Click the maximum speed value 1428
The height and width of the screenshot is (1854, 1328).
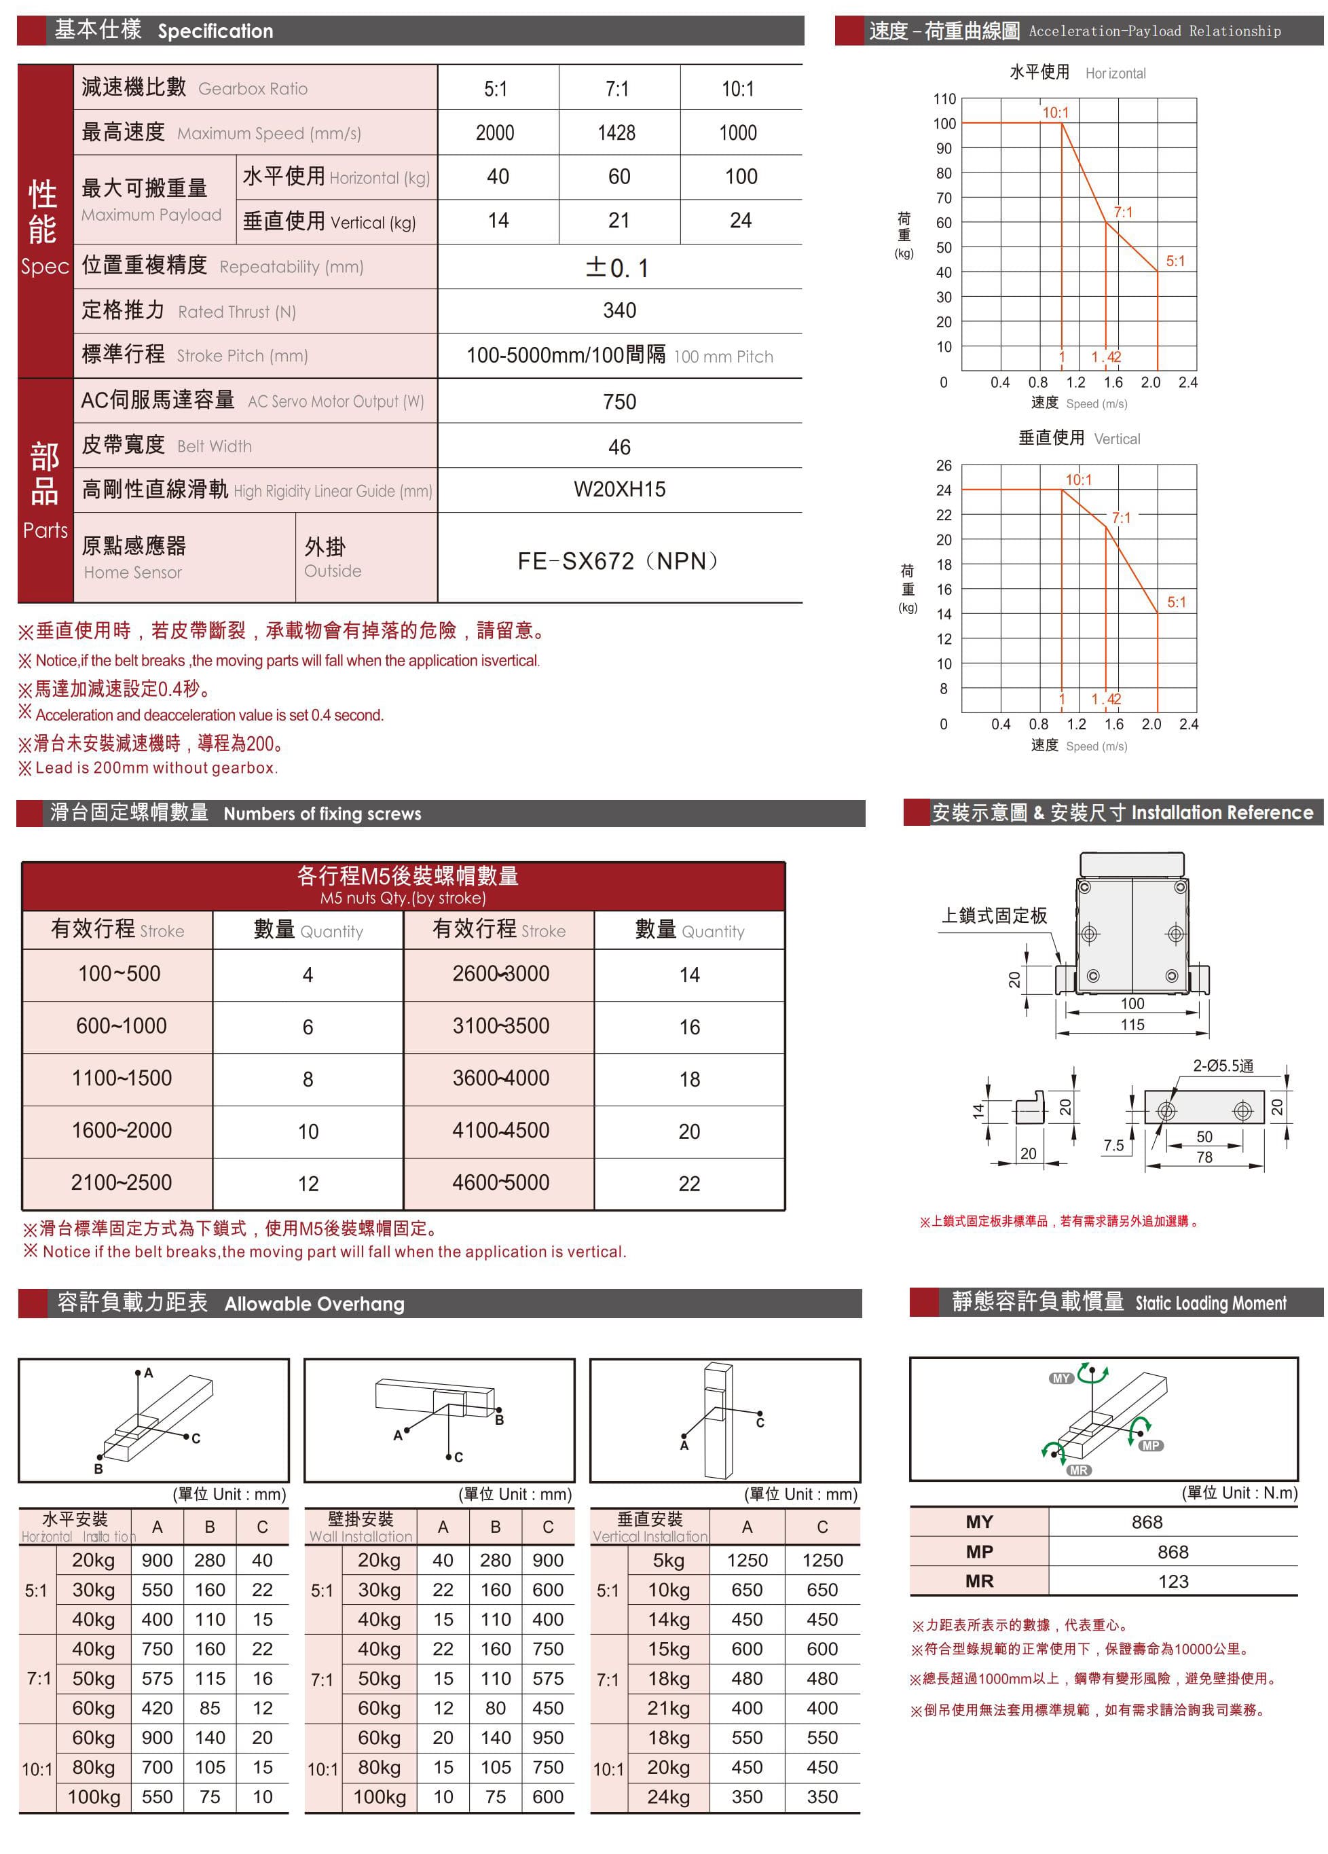coord(616,133)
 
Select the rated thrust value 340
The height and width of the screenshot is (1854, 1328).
coord(619,310)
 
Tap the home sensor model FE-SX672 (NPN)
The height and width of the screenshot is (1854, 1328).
coord(619,561)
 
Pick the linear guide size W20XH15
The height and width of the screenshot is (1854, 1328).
coord(619,490)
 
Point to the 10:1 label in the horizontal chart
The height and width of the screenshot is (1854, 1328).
coord(1055,113)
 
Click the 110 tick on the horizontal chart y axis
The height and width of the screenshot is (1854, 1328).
coord(944,99)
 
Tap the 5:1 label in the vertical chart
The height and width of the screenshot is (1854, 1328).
coord(1176,602)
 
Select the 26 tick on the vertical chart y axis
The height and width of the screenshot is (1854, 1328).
coord(944,466)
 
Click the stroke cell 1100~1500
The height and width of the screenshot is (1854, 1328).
coord(122,1078)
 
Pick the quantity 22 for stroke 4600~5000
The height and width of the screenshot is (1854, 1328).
coord(689,1184)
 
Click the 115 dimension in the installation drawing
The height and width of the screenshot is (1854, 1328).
coord(1132,1025)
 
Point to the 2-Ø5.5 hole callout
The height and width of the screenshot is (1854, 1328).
coord(1223,1066)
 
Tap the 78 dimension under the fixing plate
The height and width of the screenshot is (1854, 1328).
coord(1204,1157)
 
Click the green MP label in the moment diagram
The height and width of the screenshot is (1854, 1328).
coord(1151,1445)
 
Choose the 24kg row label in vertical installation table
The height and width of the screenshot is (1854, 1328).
coord(669,1797)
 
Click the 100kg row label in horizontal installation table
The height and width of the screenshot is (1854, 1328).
coord(94,1797)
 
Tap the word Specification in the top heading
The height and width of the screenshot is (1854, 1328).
coord(216,31)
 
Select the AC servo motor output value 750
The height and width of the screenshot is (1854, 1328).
coord(619,401)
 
